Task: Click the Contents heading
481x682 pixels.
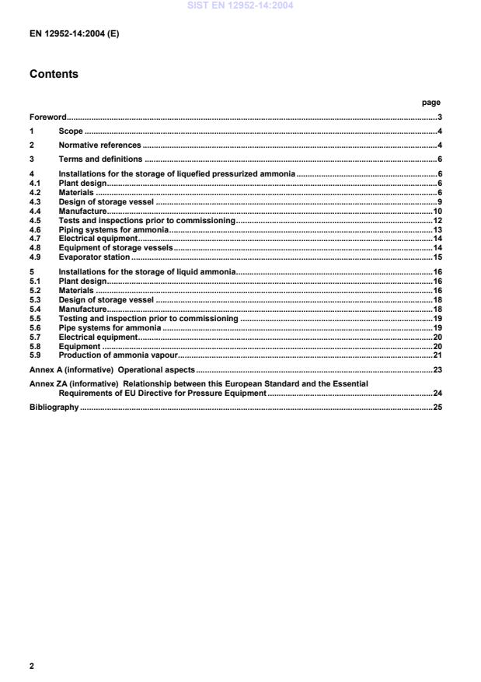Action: click(x=54, y=75)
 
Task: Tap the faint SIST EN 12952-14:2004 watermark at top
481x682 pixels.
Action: click(x=240, y=5)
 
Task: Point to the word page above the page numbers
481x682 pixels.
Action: click(x=430, y=102)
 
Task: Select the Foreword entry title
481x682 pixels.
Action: click(x=48, y=117)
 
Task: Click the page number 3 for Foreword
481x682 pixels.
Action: click(x=439, y=117)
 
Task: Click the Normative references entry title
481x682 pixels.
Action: click(x=99, y=145)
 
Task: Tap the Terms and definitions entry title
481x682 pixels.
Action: click(x=100, y=159)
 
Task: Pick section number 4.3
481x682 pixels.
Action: click(x=34, y=202)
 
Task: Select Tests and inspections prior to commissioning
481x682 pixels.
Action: click(x=147, y=221)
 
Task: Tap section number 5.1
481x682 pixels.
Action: click(x=34, y=281)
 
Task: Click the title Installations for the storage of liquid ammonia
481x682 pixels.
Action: click(x=147, y=271)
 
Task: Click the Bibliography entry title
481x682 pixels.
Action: click(x=54, y=407)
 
